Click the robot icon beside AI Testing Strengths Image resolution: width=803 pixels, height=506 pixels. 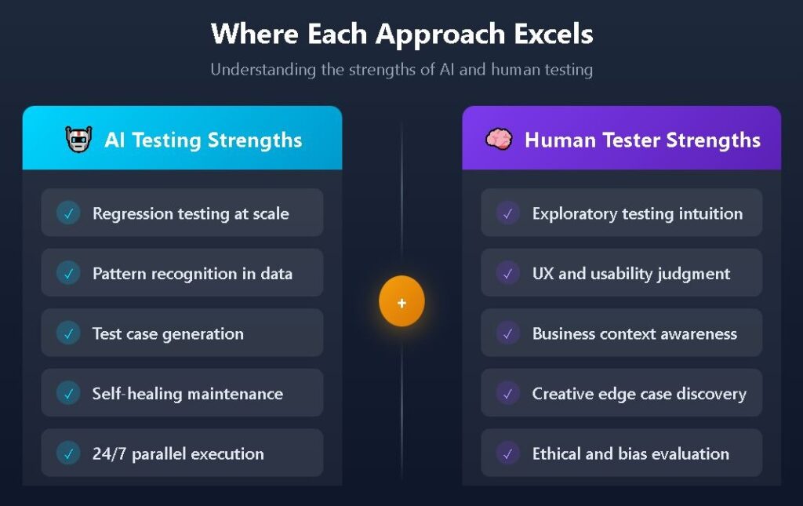coord(78,139)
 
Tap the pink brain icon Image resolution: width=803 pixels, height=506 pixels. coord(499,139)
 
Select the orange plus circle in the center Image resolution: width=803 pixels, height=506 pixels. coord(401,301)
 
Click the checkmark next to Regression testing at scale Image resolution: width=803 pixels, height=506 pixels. coord(68,213)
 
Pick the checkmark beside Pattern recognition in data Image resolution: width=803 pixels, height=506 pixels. coord(68,273)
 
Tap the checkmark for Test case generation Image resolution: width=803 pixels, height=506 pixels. coord(68,333)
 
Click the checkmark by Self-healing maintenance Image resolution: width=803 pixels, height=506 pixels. coord(68,393)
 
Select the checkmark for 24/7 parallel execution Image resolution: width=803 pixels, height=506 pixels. coord(68,453)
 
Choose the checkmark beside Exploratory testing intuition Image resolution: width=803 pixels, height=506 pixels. coord(508,213)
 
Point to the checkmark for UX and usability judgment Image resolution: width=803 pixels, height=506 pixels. coord(508,273)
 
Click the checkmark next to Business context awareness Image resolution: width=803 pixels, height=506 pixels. coord(508,333)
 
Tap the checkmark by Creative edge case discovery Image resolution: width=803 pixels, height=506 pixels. coord(508,393)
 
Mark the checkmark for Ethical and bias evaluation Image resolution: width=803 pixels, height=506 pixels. coord(508,453)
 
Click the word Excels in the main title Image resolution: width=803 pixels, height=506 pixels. coord(553,34)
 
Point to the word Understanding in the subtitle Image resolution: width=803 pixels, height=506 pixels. coord(263,70)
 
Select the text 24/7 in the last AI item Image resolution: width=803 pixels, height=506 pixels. coord(109,453)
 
